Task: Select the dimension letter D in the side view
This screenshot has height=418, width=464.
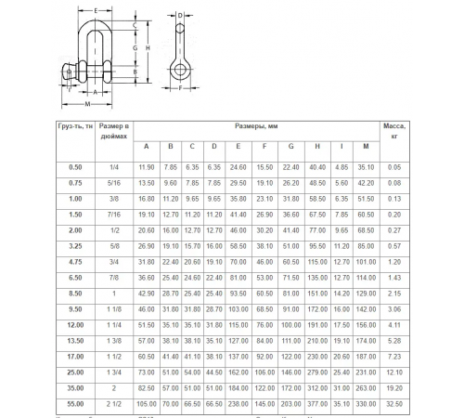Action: pyautogui.click(x=180, y=16)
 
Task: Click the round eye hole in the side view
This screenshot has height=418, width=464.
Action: pyautogui.click(x=178, y=71)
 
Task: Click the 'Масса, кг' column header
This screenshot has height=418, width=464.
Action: pyautogui.click(x=393, y=131)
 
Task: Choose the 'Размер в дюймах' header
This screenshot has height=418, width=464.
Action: pyautogui.click(x=115, y=131)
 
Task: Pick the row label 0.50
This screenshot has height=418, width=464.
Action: pyautogui.click(x=74, y=166)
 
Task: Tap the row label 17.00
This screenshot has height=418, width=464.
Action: pyautogui.click(x=74, y=356)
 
